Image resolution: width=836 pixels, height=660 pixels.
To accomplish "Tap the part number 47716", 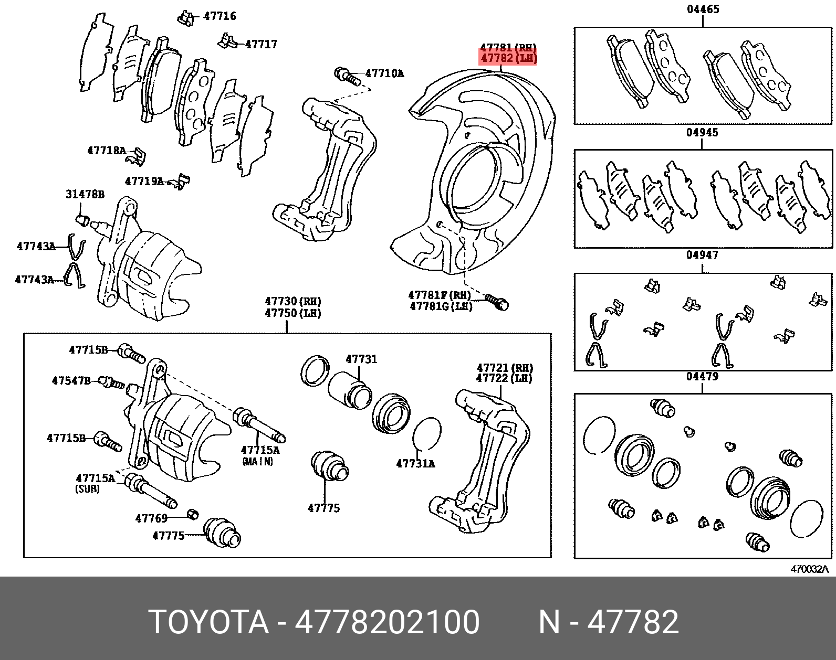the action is tap(220, 16).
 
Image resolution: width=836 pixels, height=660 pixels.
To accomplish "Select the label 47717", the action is tap(262, 44).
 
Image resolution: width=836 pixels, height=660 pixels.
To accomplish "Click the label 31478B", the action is tap(85, 194).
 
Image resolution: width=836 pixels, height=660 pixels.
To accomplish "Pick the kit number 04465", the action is tap(703, 9).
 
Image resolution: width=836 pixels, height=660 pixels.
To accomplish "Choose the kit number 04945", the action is tap(702, 132).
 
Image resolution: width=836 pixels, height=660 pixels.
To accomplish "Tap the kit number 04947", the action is tap(702, 255).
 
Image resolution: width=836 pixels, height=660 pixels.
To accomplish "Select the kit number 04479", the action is tap(702, 376).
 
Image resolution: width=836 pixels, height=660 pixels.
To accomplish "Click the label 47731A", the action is tap(416, 464).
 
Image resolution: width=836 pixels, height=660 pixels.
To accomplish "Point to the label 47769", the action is tap(152, 518).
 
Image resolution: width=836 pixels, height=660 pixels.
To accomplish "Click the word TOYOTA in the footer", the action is tap(208, 622).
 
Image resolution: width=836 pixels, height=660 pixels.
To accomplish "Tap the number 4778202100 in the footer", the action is tap(387, 622).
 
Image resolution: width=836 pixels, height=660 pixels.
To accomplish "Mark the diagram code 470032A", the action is tap(810, 569).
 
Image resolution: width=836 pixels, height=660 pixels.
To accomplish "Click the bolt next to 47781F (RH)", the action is tap(496, 301).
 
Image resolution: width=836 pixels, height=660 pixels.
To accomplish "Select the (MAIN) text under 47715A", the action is tap(258, 461).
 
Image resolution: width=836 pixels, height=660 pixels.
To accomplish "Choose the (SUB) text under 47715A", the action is tap(87, 489).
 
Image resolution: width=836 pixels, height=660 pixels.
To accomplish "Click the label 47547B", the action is tap(71, 380).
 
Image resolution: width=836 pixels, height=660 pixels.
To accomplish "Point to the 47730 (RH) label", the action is tap(293, 301).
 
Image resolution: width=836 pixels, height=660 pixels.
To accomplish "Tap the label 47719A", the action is tap(144, 182).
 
